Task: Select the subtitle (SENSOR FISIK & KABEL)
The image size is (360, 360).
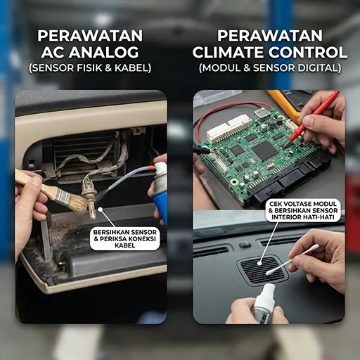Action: click(x=90, y=68)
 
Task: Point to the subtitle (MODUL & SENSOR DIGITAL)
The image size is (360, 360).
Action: click(x=270, y=68)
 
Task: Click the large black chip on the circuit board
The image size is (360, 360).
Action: click(x=264, y=150)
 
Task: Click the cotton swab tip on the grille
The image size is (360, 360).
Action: click(x=270, y=271)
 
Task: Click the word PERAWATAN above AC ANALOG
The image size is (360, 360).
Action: click(x=90, y=35)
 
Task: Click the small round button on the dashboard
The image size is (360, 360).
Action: click(x=245, y=245)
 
